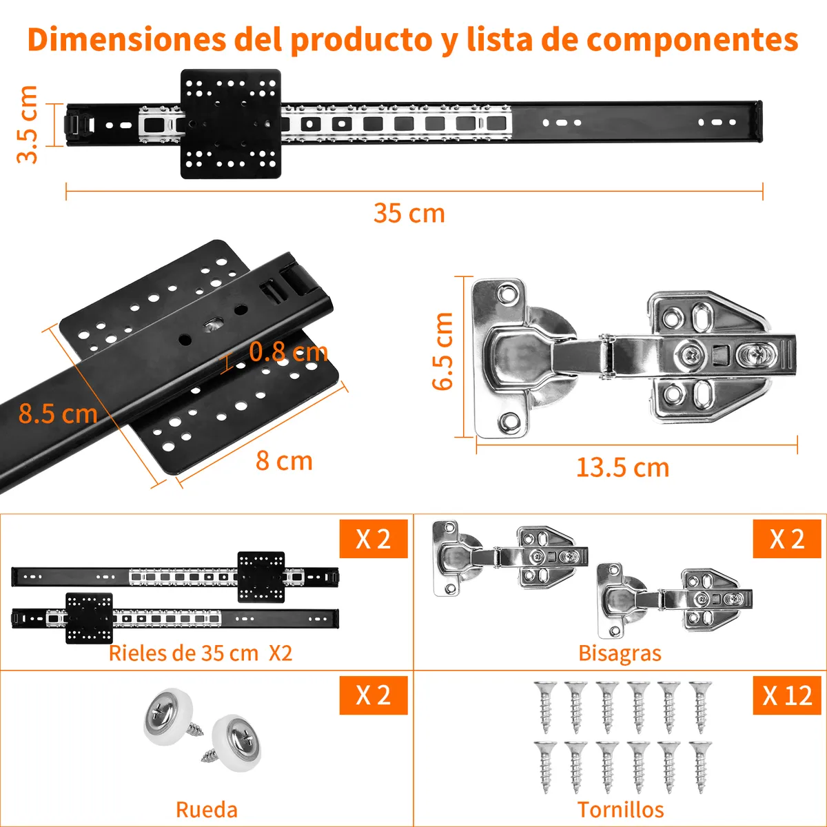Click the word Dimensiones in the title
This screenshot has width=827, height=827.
tap(127, 40)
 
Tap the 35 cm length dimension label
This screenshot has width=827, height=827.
tap(409, 213)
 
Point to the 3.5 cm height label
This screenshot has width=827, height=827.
tap(27, 125)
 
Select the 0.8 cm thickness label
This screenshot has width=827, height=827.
tap(288, 352)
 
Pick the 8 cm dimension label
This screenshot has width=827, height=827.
tap(284, 461)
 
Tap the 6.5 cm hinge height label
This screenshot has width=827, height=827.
tap(442, 351)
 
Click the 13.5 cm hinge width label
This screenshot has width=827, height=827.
tap(623, 468)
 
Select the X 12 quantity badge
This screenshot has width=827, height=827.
tap(787, 695)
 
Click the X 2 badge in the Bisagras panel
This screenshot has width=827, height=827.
tap(787, 539)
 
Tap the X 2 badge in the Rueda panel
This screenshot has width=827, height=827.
tap(374, 695)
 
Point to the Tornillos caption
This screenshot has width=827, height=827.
tap(620, 810)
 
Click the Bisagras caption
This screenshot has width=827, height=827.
tap(620, 653)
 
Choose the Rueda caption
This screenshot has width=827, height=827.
tap(207, 810)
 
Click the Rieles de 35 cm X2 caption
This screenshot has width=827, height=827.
tap(201, 653)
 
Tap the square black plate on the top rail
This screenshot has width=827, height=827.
tap(231, 124)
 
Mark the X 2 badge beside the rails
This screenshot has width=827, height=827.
tap(374, 539)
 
